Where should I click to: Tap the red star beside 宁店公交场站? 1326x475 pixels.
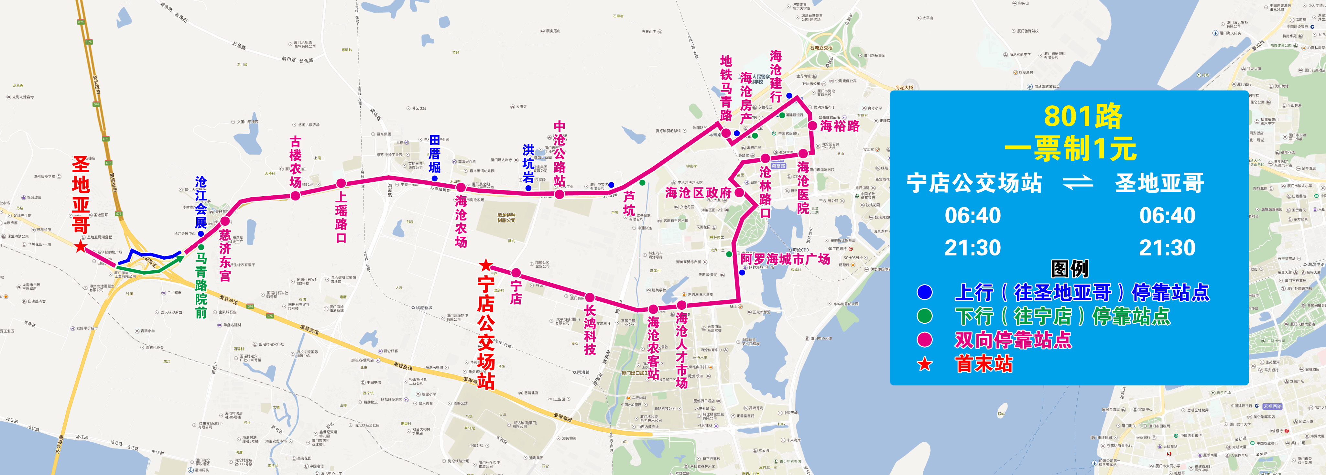coord(485,265)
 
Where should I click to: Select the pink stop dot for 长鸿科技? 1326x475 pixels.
coord(590,297)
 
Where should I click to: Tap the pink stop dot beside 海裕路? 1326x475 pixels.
coord(812,125)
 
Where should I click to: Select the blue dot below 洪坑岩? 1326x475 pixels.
coord(528,189)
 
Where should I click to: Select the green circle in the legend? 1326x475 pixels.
coord(925,316)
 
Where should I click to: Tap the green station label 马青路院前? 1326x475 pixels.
coord(201,285)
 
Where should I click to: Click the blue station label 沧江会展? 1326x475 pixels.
coord(201,202)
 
